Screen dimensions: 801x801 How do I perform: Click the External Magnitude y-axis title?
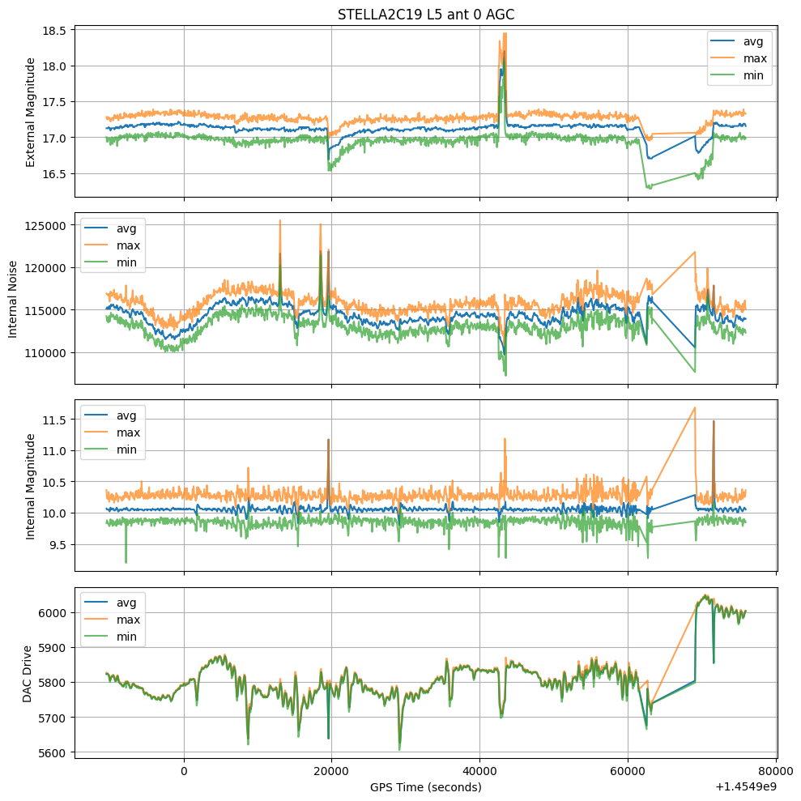coord(32,112)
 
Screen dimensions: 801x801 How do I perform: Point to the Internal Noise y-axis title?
coord(12,298)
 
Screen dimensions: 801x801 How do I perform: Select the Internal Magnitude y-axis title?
coord(32,486)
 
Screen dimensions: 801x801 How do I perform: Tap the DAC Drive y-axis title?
coord(27,674)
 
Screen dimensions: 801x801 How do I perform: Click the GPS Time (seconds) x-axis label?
coord(426,786)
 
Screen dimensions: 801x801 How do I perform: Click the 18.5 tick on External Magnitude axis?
coord(56,30)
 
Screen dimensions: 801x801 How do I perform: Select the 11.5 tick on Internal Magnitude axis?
coord(56,420)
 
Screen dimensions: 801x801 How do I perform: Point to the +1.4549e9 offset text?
coord(746,786)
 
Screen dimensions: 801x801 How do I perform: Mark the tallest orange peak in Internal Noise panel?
coord(280,220)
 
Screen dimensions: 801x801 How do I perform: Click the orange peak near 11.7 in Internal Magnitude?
coord(695,407)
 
